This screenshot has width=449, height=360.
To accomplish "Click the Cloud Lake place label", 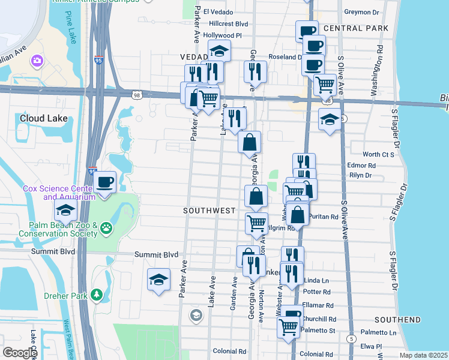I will [43, 118].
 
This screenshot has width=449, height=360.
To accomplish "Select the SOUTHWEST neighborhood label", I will [209, 211].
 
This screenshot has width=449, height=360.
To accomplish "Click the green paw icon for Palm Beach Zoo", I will [107, 227].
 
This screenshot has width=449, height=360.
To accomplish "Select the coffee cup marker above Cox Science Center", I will [104, 181].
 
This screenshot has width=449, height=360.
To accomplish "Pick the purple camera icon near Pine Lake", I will [37, 61].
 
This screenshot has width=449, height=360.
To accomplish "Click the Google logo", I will [20, 352].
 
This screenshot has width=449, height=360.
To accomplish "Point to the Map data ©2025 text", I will [424, 355].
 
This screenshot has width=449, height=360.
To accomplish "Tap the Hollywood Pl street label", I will [222, 35].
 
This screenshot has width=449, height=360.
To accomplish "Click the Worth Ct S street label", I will [378, 154].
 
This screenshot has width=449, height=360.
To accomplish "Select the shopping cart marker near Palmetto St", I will [289, 327].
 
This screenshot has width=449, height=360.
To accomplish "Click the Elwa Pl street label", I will [371, 346].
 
